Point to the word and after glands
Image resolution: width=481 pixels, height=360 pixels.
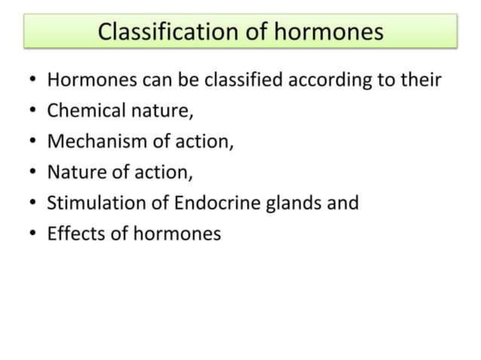(x=344, y=203)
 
